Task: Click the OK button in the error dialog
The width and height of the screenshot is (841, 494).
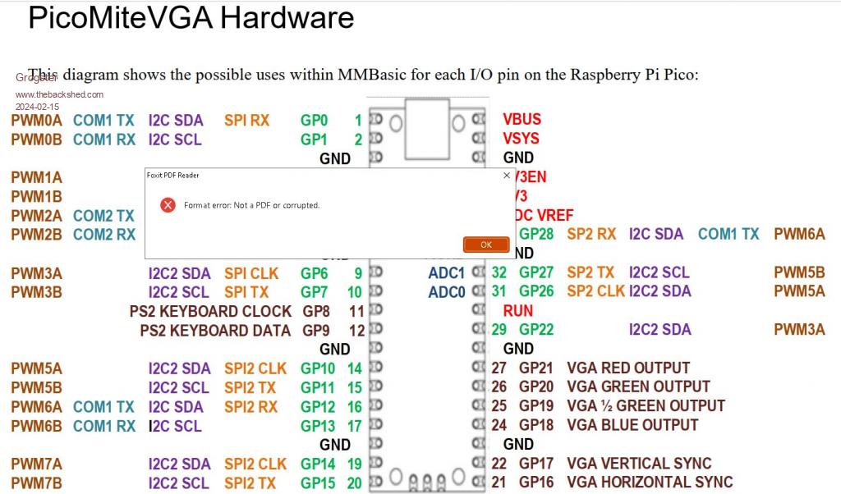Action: click(486, 245)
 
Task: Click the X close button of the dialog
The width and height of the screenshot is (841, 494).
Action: click(506, 175)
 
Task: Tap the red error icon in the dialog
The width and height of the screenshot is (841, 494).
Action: click(168, 204)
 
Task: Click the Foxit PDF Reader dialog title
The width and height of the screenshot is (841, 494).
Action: click(173, 175)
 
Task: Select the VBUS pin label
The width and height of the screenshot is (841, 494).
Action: click(522, 119)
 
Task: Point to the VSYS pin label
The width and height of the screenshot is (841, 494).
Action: click(522, 139)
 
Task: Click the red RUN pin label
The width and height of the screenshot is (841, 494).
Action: click(518, 311)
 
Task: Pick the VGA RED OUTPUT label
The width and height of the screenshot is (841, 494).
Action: click(628, 368)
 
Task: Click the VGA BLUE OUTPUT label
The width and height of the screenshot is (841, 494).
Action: click(632, 425)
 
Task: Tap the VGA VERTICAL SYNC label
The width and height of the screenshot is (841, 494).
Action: click(639, 464)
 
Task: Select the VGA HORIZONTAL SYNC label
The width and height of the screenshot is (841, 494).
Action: click(650, 483)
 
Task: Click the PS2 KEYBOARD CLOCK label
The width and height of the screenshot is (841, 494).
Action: click(210, 312)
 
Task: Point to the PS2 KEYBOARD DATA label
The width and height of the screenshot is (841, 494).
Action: click(215, 331)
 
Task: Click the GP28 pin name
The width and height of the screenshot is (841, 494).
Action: click(536, 234)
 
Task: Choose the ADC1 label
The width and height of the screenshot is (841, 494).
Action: click(446, 272)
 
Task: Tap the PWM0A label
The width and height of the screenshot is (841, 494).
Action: click(36, 120)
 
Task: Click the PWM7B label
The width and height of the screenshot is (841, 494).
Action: click(36, 483)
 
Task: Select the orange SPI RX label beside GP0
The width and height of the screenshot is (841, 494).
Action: click(246, 121)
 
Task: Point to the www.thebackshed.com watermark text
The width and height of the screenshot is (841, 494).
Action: click(59, 95)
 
